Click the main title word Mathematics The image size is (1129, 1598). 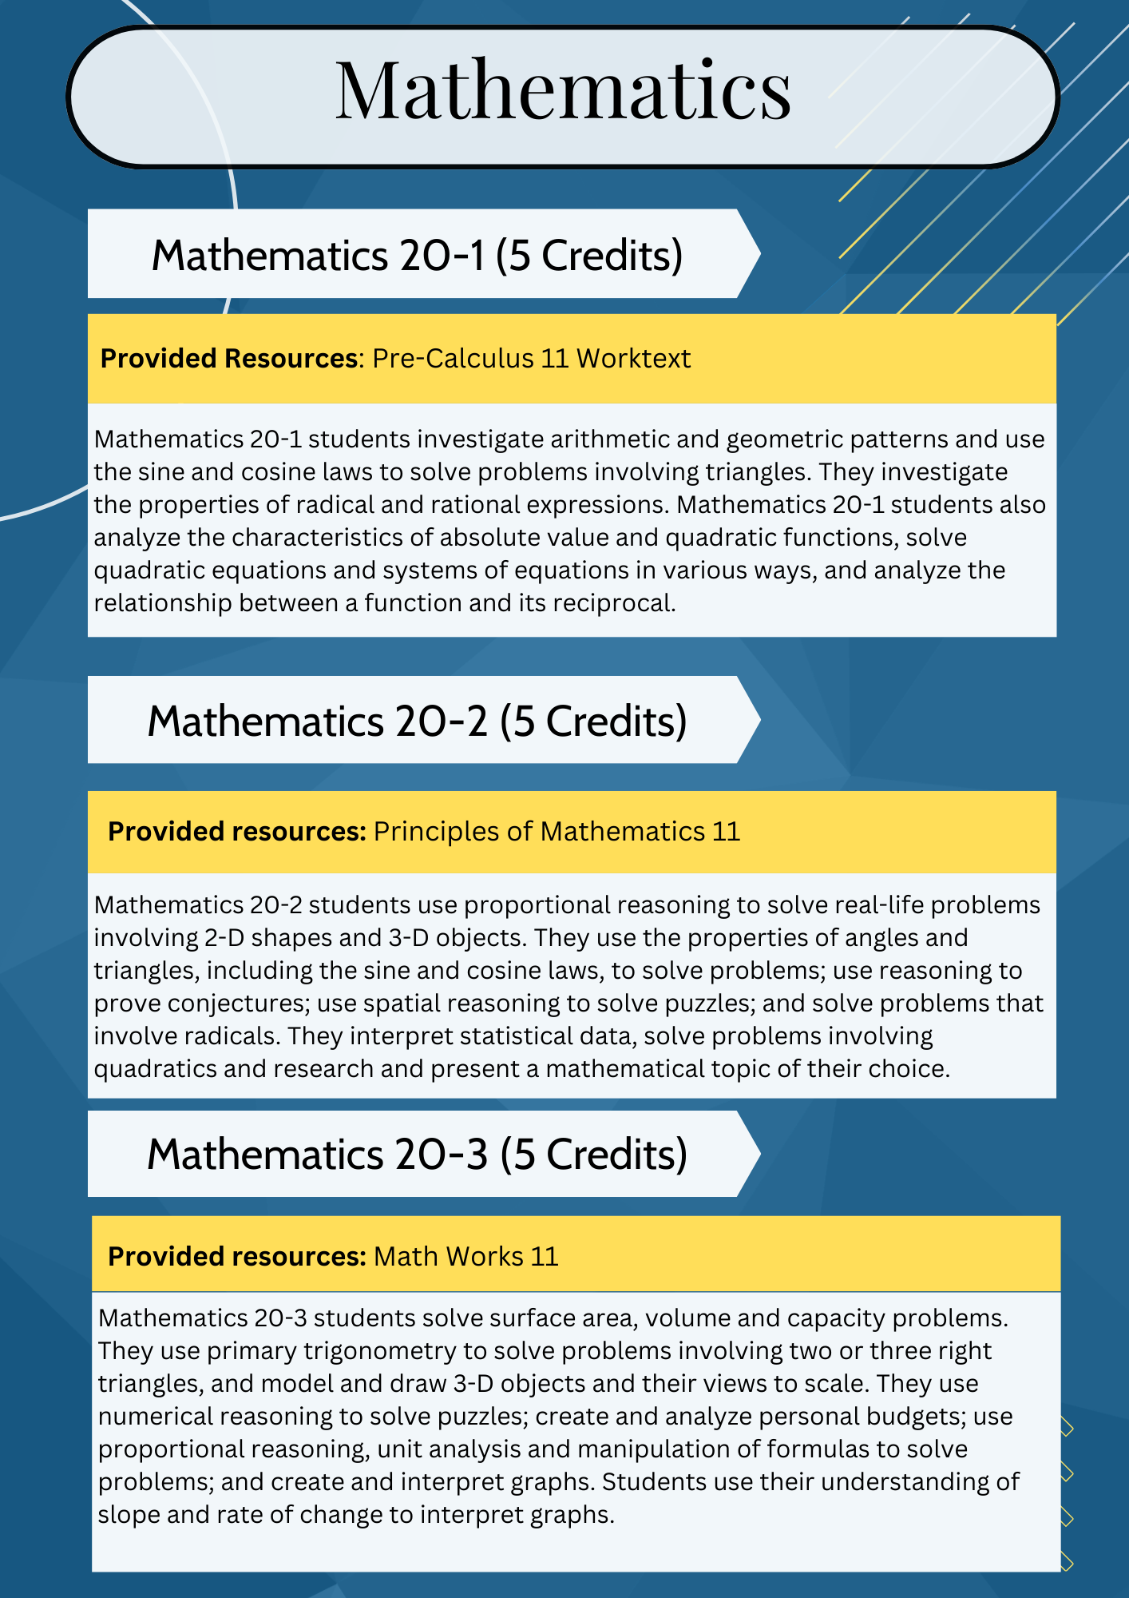(563, 91)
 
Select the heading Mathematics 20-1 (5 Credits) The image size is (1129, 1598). (417, 256)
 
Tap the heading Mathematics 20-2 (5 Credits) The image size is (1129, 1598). (417, 721)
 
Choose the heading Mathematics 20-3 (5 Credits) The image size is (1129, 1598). (417, 1155)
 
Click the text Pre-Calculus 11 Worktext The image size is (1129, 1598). (531, 359)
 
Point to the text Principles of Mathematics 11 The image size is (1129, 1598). (557, 832)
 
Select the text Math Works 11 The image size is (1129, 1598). (465, 1257)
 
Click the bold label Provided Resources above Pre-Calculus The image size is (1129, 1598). (228, 359)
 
